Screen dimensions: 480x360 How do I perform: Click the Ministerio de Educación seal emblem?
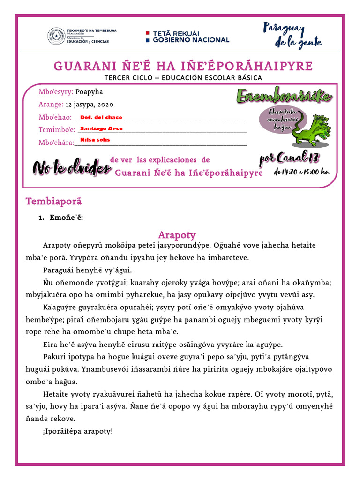click(x=56, y=36)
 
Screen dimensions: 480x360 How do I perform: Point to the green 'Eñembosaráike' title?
click(x=284, y=96)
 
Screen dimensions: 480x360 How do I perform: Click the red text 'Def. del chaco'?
click(x=101, y=117)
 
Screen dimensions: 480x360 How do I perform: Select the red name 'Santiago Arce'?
click(x=102, y=128)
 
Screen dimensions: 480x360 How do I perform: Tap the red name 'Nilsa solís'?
click(x=95, y=140)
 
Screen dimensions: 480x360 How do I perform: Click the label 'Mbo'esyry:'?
click(x=56, y=92)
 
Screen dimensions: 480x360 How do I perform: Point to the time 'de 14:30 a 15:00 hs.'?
click(x=301, y=172)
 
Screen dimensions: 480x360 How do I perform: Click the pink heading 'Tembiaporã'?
click(x=53, y=202)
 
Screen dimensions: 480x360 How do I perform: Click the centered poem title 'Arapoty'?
click(x=177, y=235)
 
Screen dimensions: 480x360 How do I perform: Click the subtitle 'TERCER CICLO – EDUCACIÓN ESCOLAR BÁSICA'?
click(x=183, y=78)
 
